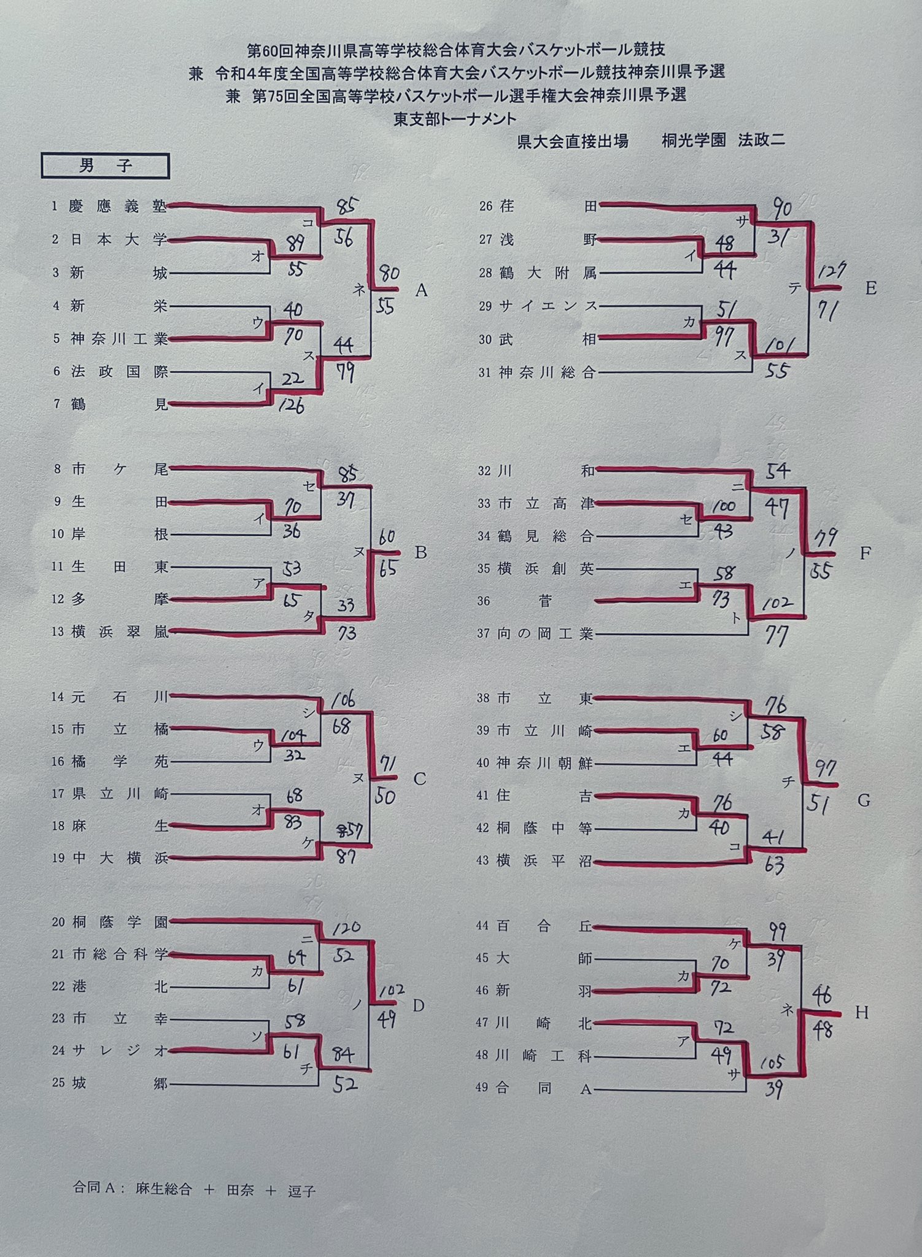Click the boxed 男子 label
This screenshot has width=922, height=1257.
(x=105, y=166)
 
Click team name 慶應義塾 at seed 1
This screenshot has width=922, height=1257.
(x=118, y=206)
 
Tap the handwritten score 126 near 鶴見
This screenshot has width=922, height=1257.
(x=291, y=406)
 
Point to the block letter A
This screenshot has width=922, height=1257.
(x=420, y=290)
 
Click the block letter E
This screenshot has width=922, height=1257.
(x=870, y=288)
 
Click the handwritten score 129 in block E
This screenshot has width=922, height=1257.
(x=831, y=270)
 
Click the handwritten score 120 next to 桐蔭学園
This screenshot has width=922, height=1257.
(x=346, y=927)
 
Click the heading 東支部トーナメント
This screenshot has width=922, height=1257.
(x=455, y=118)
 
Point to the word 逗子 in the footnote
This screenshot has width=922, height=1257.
(x=301, y=1191)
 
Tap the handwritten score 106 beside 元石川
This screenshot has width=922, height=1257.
(x=343, y=700)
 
